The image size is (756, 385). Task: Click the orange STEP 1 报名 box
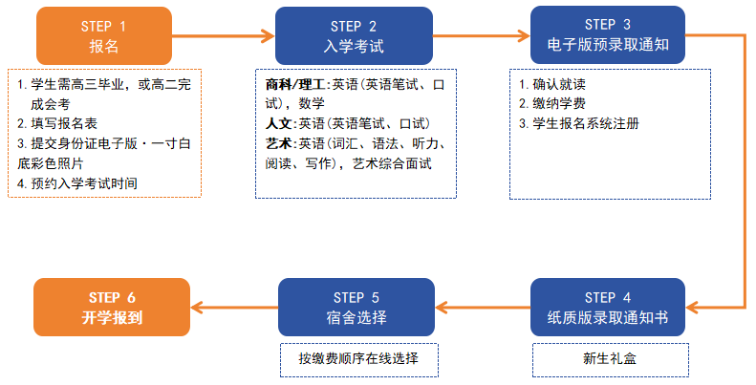click(x=104, y=35)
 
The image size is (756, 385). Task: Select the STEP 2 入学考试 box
click(x=354, y=35)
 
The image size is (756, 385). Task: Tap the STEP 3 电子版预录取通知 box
click(x=608, y=34)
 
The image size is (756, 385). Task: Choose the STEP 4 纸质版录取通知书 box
click(x=608, y=307)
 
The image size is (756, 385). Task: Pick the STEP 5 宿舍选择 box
click(x=356, y=307)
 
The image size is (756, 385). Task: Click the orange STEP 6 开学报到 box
click(x=112, y=307)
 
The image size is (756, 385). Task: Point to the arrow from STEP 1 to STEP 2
click(x=224, y=35)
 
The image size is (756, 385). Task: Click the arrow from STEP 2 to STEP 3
click(x=481, y=35)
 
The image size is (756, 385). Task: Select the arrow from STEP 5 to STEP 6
click(x=234, y=307)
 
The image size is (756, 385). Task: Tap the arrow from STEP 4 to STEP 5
click(x=483, y=307)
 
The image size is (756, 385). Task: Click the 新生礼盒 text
click(x=610, y=358)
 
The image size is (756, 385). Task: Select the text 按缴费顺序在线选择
click(x=358, y=358)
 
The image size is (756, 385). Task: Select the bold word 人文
click(x=279, y=124)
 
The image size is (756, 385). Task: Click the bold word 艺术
click(x=279, y=143)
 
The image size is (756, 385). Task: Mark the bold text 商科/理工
click(x=295, y=85)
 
